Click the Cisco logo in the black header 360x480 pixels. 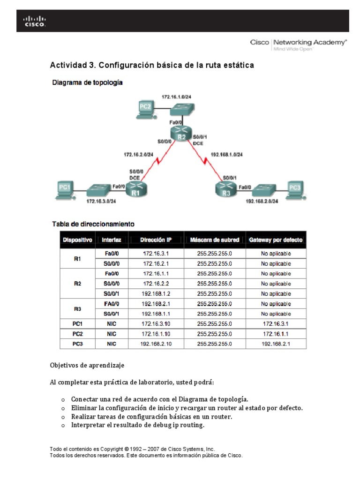[x=35, y=21]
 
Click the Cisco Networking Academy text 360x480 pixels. [x=299, y=43]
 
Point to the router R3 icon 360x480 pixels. [x=226, y=188]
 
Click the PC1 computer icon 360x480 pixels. [x=65, y=188]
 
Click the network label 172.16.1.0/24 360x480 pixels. [x=176, y=97]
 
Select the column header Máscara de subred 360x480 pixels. [x=215, y=240]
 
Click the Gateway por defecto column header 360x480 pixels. [x=276, y=240]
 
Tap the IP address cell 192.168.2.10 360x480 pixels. [x=156, y=344]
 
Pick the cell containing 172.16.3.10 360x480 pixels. [x=156, y=324]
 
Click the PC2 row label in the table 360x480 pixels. [x=77, y=334]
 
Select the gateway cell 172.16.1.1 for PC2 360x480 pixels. [x=276, y=334]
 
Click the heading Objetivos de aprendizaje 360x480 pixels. [x=87, y=365]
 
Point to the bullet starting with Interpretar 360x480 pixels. [x=137, y=425]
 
